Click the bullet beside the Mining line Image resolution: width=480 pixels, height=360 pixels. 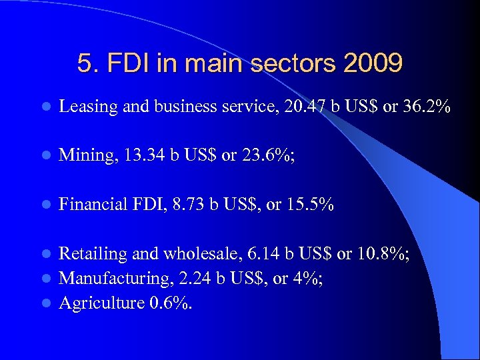pyautogui.click(x=44, y=156)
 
